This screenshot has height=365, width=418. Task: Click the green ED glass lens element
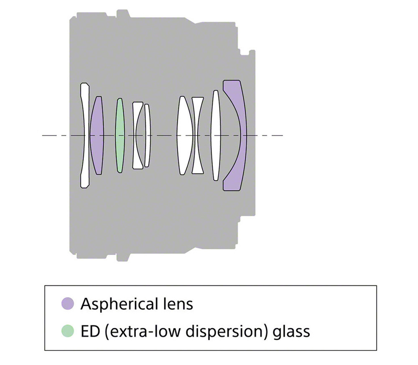coord(120,136)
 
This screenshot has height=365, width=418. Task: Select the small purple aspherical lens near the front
coord(97,136)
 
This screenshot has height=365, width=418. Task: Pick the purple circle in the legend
coord(68,304)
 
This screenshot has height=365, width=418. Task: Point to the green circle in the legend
coord(68,331)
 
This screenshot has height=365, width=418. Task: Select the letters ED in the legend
coord(90,332)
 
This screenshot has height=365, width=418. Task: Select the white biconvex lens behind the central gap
coord(184,136)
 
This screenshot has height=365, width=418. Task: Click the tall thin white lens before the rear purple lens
coord(216,136)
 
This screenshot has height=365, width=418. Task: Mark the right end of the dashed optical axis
coord(283,136)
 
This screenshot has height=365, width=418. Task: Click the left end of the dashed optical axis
coord(42,136)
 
